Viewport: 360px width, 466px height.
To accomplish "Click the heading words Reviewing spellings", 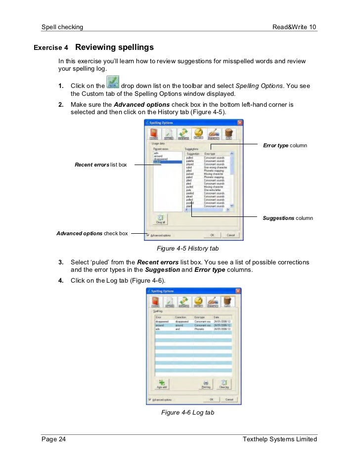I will pyautogui.click(x=114, y=47).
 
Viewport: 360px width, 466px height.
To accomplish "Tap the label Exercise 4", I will pyautogui.click(x=51, y=48).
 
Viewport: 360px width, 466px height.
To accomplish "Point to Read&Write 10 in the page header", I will pyautogui.click(x=294, y=26).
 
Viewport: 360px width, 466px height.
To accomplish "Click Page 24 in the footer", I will pyautogui.click(x=53, y=439).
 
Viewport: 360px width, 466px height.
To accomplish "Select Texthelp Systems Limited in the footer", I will pyautogui.click(x=280, y=439).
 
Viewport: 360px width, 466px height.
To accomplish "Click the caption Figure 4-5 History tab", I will pyautogui.click(x=187, y=248).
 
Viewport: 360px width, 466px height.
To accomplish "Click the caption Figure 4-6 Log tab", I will pyautogui.click(x=187, y=412).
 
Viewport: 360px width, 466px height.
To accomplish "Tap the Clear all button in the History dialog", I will pyautogui.click(x=161, y=219).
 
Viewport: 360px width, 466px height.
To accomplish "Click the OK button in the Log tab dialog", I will pyautogui.click(x=211, y=399).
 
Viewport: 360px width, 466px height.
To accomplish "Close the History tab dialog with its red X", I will pyautogui.click(x=239, y=122).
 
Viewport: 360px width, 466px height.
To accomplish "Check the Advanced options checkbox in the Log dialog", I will pyautogui.click(x=150, y=399).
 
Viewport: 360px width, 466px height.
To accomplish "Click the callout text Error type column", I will pyautogui.click(x=285, y=146).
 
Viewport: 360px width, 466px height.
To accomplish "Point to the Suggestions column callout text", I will pyautogui.click(x=288, y=218).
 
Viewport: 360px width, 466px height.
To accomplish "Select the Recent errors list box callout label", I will pyautogui.click(x=100, y=165).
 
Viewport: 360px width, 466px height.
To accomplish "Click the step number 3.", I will pyautogui.click(x=61, y=262).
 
